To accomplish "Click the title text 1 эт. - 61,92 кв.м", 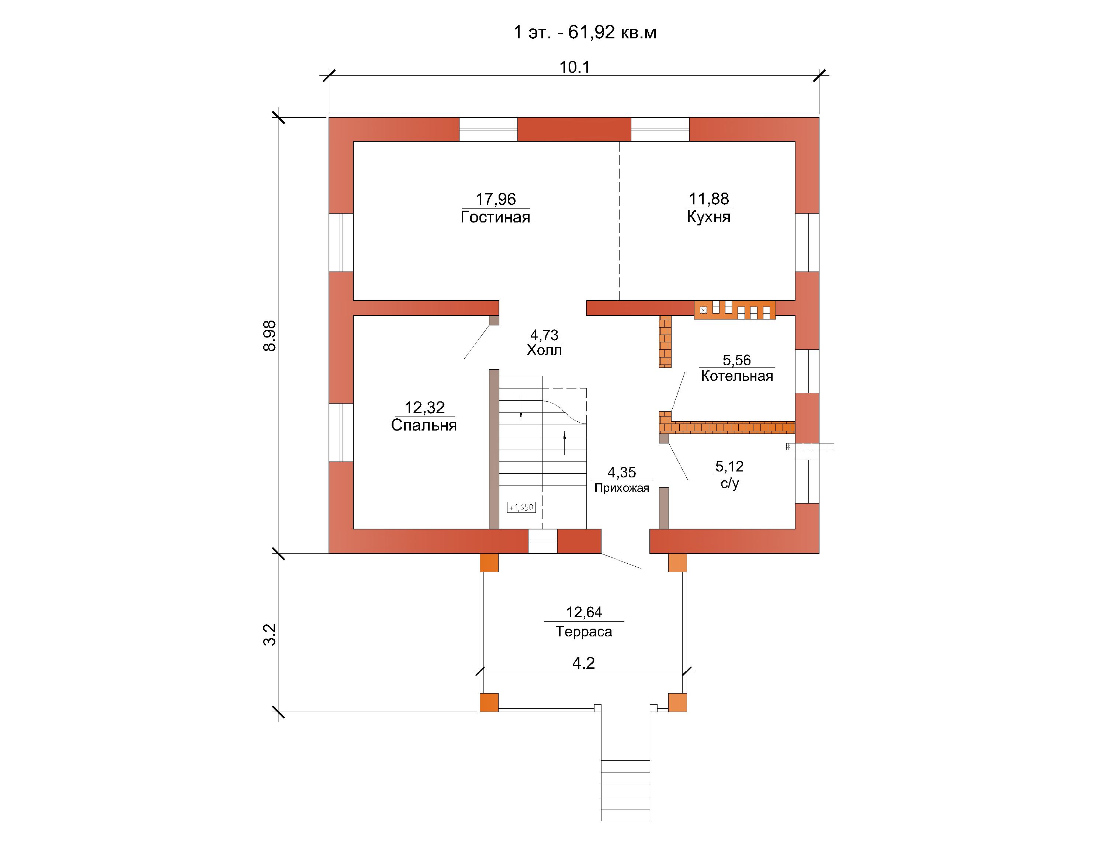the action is [x=585, y=32].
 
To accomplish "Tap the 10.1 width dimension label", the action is [x=574, y=67].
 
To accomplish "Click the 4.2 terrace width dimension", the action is [x=583, y=663].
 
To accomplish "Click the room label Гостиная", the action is [x=495, y=217].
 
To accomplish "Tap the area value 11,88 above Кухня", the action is [x=709, y=198].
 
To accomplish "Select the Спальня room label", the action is [x=424, y=425].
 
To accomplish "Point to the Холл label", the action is [x=544, y=350].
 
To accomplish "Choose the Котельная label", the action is [x=737, y=376].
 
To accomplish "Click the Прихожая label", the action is [x=622, y=488].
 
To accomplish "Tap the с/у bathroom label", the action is [x=729, y=483].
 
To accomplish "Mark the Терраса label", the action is [x=584, y=631].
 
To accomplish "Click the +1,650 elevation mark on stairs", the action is [x=521, y=507].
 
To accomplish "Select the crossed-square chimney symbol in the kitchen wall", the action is [x=703, y=310].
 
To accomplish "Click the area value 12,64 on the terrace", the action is [x=584, y=612].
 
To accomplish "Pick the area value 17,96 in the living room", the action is [x=496, y=199].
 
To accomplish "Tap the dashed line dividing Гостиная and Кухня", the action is [x=619, y=221].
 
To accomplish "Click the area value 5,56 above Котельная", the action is [x=737, y=360].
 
